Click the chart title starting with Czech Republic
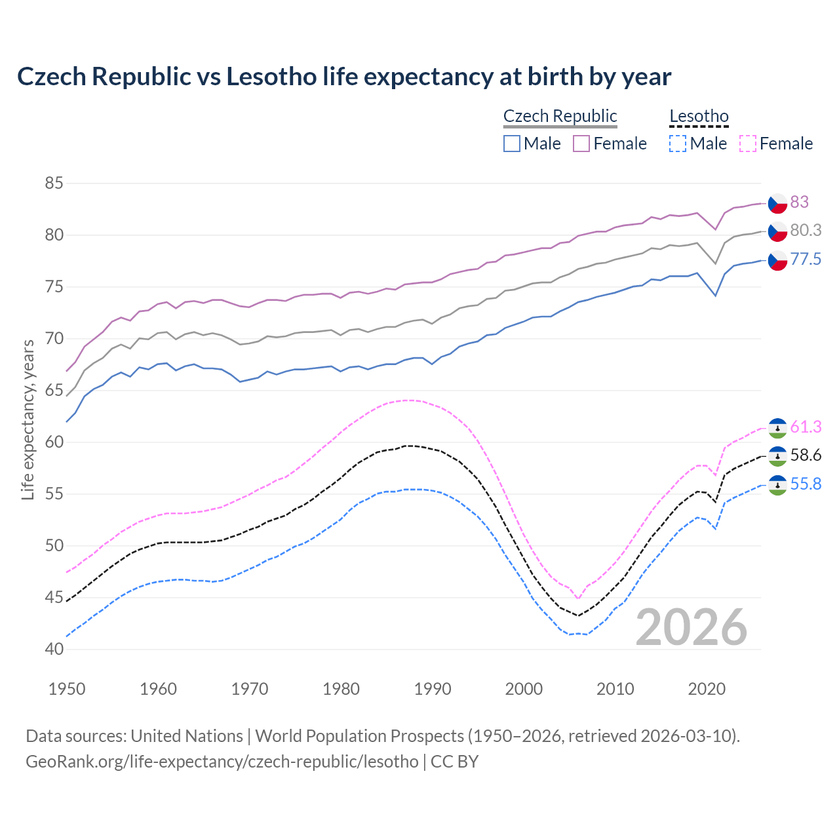344,77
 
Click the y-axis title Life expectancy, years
28,419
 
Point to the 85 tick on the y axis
54,184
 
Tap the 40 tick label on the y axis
54,650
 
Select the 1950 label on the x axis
67,689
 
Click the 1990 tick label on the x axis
433,689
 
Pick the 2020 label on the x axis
707,689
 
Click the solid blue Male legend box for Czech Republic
512,144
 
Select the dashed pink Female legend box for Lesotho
748,144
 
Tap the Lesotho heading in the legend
699,117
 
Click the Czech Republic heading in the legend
560,117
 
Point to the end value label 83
799,203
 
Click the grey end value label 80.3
806,231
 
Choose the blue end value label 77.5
806,260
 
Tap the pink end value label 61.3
806,427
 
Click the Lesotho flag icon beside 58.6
777,456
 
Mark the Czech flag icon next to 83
777,203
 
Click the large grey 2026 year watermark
692,628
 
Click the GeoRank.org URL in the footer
222,762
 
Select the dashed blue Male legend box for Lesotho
678,144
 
